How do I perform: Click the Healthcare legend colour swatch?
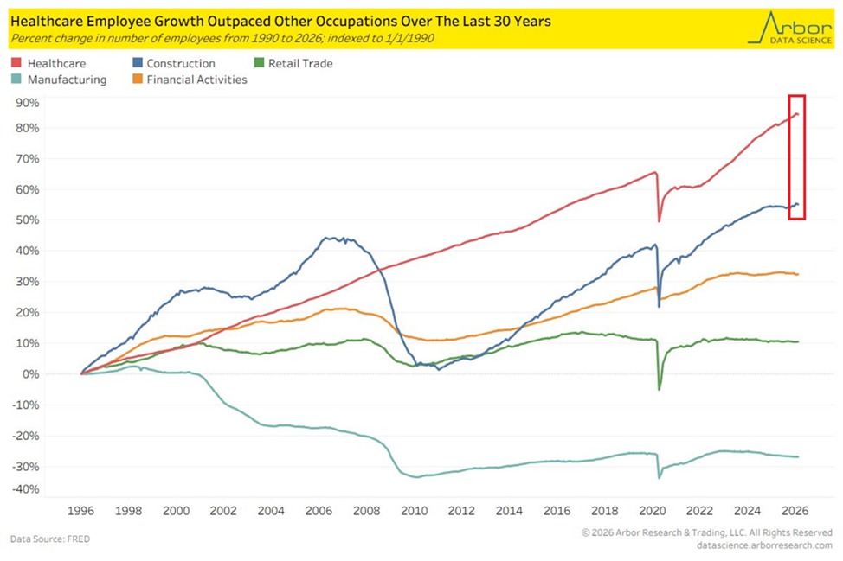coord(16,63)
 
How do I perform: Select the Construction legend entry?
coord(181,63)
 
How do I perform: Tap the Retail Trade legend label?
coord(299,63)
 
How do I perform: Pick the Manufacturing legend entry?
coord(67,80)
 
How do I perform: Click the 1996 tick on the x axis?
coord(82,510)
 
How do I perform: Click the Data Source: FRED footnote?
coord(50,539)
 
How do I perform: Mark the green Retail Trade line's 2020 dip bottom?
coord(659,390)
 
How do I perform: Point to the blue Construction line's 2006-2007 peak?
coord(329,238)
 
